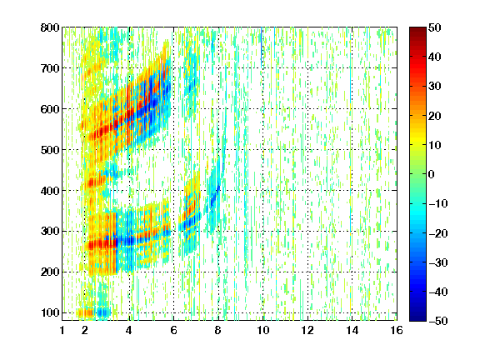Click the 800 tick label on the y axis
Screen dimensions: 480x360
pyautogui.click(x=50, y=27)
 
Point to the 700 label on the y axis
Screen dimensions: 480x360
pyautogui.click(x=50, y=68)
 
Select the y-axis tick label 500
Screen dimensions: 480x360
pyautogui.click(x=50, y=150)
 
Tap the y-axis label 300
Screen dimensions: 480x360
pyautogui.click(x=50, y=231)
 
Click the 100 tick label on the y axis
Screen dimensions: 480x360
pyautogui.click(x=50, y=312)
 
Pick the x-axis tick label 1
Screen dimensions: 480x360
pyautogui.click(x=62, y=330)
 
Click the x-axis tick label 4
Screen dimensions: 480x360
pyautogui.click(x=129, y=330)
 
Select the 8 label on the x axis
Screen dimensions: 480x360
pyautogui.click(x=218, y=330)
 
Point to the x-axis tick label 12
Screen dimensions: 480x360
pyautogui.click(x=307, y=330)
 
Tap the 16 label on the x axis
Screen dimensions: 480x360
pyautogui.click(x=397, y=330)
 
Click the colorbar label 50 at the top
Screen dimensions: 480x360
pyautogui.click(x=435, y=27)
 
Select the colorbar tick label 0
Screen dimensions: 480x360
pyautogui.click(x=432, y=174)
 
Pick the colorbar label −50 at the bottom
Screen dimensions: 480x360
pyautogui.click(x=437, y=321)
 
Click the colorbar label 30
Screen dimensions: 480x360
pyautogui.click(x=435, y=86)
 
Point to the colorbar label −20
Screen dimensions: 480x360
pyautogui.click(x=437, y=233)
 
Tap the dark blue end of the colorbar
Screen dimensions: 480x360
pyautogui.click(x=417, y=318)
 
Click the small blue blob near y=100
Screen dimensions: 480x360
pyautogui.click(x=103, y=312)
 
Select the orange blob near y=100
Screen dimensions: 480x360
pyautogui.click(x=85, y=312)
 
